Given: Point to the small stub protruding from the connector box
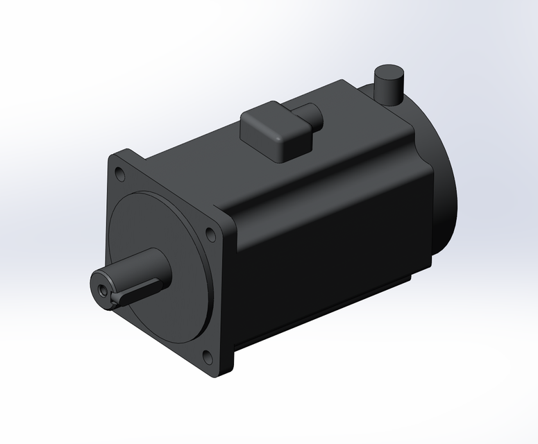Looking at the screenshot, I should [x=310, y=116].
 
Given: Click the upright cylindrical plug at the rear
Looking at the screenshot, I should [x=389, y=85].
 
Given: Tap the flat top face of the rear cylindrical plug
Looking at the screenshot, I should [x=389, y=71].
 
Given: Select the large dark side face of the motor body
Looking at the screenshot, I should [x=326, y=264].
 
